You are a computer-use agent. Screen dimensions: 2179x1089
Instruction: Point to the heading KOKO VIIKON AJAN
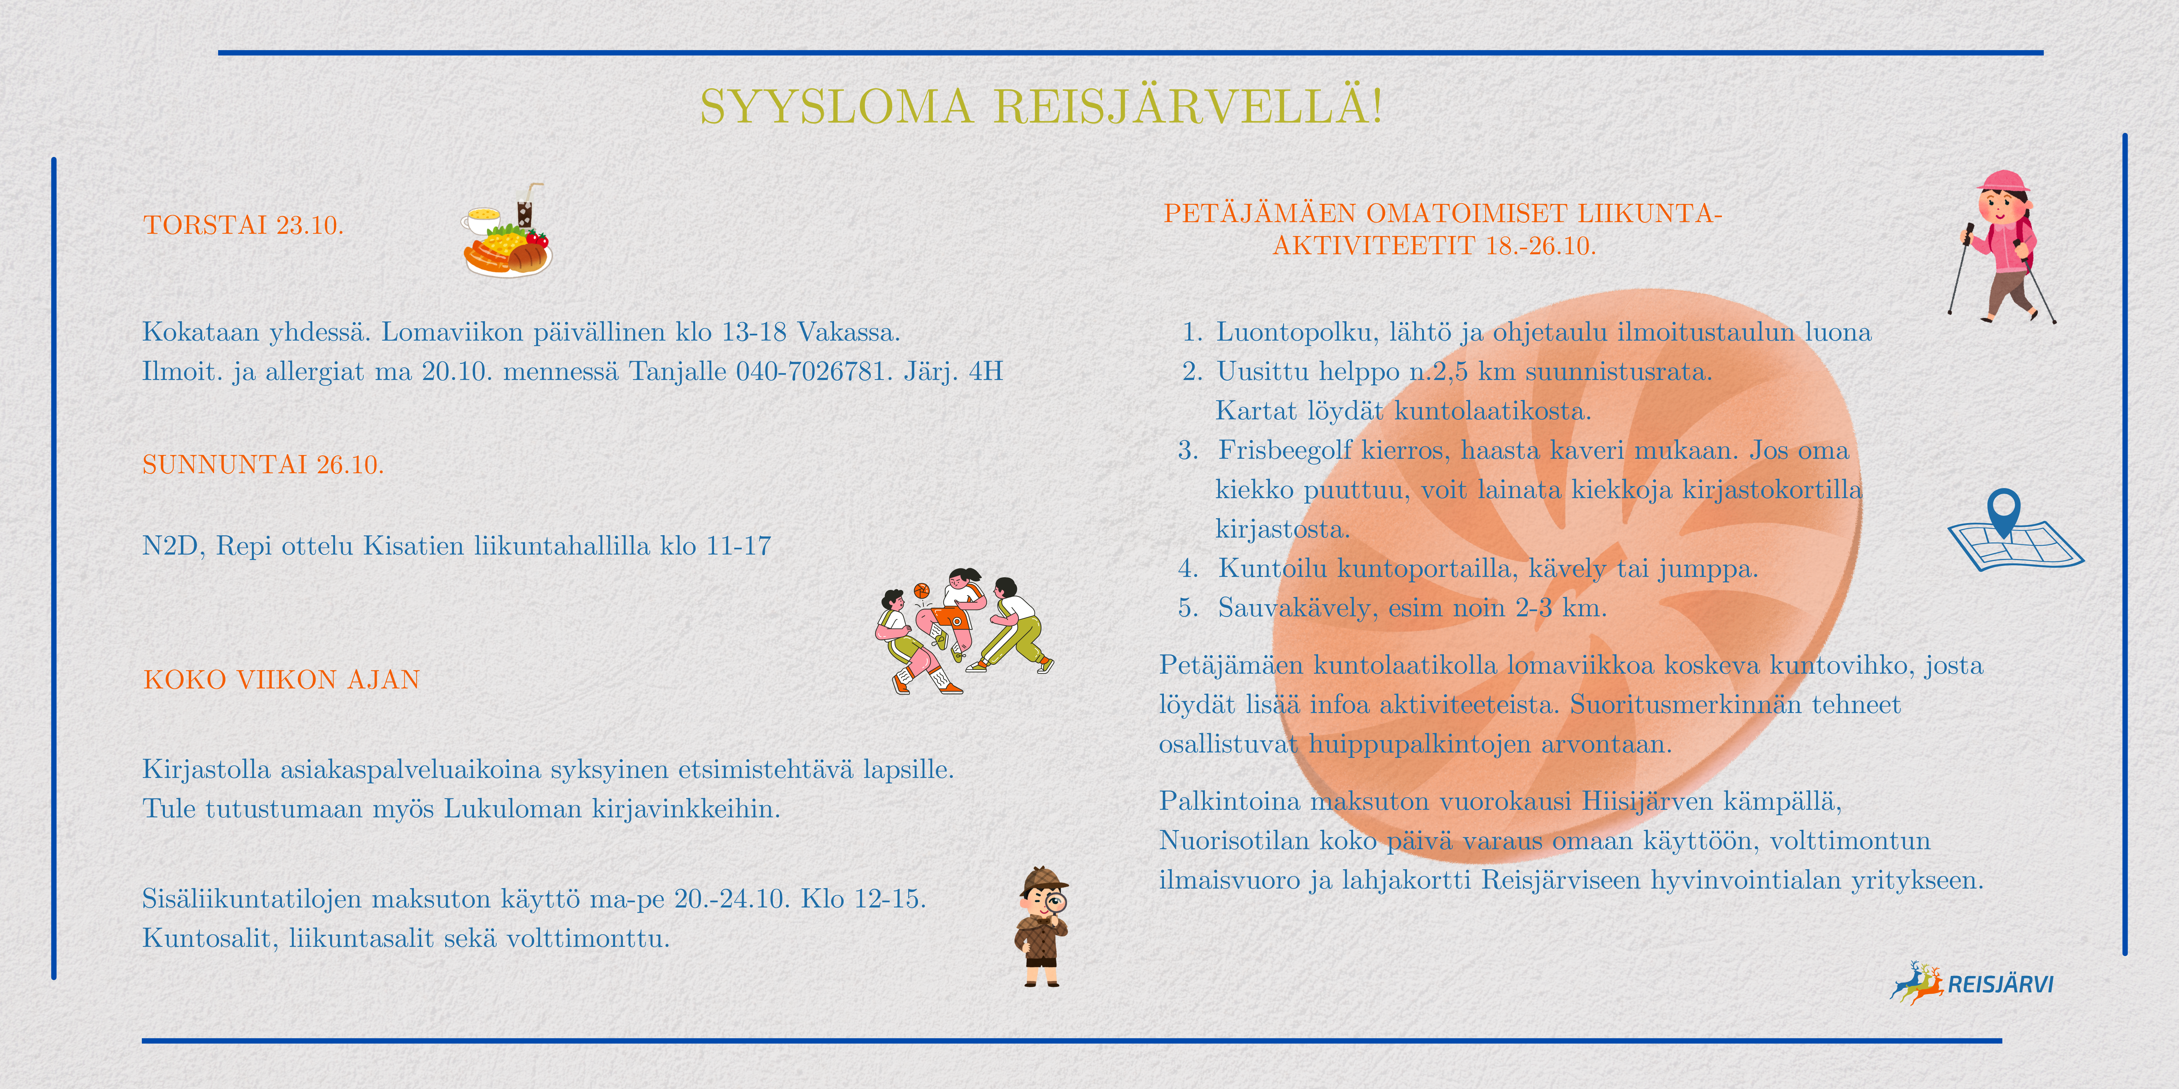coord(282,680)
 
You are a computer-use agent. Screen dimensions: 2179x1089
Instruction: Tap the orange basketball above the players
coord(921,590)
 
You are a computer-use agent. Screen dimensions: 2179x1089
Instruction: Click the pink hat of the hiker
coord(2003,180)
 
